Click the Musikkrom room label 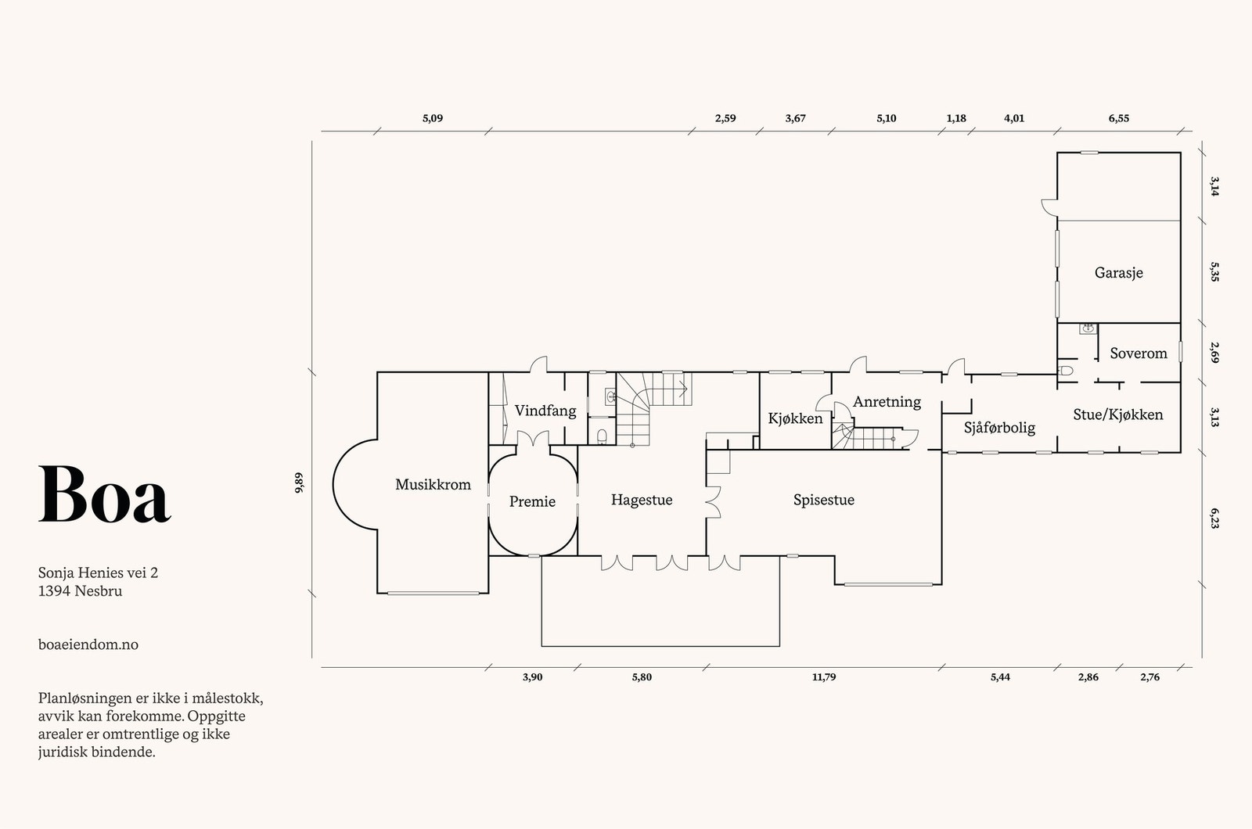click(x=433, y=484)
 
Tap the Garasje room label click(x=1118, y=273)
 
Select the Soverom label click(x=1139, y=353)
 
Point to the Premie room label click(x=532, y=501)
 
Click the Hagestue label click(x=642, y=500)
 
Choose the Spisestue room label click(x=824, y=500)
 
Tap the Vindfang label click(x=545, y=411)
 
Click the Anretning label click(x=887, y=402)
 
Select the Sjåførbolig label click(x=999, y=428)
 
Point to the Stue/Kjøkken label click(x=1118, y=414)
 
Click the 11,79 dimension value click(x=824, y=677)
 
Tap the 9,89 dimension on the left click(x=300, y=483)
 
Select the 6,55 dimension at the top click(x=1118, y=118)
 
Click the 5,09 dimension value click(x=433, y=118)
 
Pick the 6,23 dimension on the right click(x=1214, y=518)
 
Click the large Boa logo click(x=105, y=495)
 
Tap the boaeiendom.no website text click(x=88, y=644)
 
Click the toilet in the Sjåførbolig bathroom click(x=1066, y=370)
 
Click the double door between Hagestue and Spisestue click(x=712, y=502)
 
